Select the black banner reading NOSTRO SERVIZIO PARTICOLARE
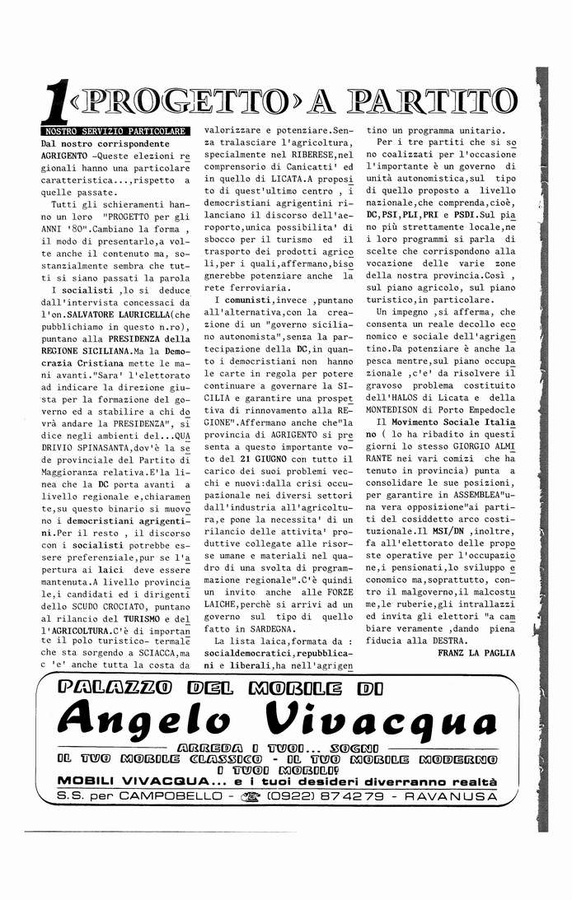pos(115,131)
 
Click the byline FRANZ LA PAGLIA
pos(476,653)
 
